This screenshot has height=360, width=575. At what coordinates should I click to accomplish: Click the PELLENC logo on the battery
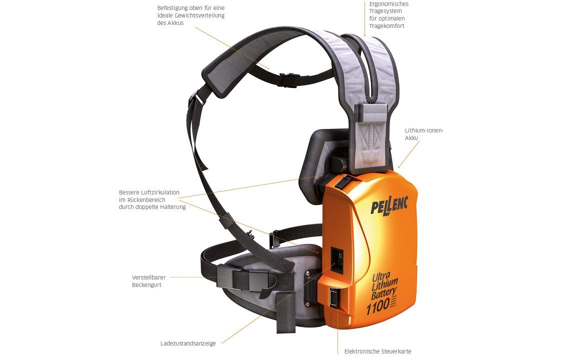pyautogui.click(x=389, y=205)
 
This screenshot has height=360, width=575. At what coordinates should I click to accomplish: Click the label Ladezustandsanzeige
pyautogui.click(x=188, y=343)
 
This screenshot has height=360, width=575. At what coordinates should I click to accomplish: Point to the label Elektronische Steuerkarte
pyautogui.click(x=377, y=351)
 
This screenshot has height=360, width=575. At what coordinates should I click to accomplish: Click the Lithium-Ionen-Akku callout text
pyautogui.click(x=424, y=134)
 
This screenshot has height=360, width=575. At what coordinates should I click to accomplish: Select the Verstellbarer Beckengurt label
pyautogui.click(x=149, y=281)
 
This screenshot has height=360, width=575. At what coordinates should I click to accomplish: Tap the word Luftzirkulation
pyautogui.click(x=160, y=192)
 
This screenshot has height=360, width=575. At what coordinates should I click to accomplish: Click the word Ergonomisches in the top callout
pyautogui.click(x=388, y=4)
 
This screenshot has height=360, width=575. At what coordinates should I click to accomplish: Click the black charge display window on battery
pyautogui.click(x=337, y=259)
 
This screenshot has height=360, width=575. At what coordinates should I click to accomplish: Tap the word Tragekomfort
pyautogui.click(x=386, y=26)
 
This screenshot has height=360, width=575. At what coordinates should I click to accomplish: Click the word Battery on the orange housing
pyautogui.click(x=383, y=293)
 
